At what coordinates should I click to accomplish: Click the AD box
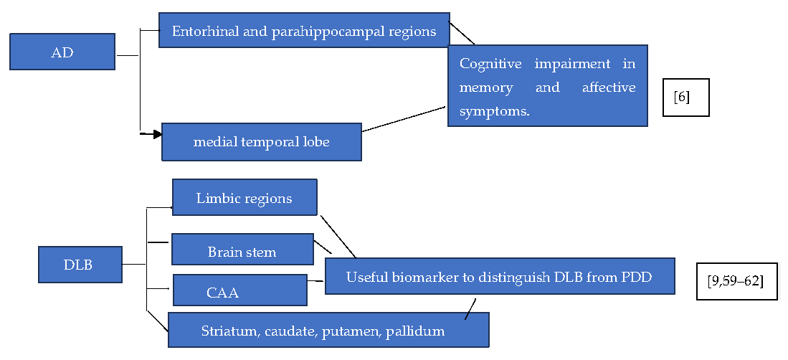62,52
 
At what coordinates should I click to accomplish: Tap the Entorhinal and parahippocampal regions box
304,31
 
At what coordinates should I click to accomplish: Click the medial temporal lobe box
261,142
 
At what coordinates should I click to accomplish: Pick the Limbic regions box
244,198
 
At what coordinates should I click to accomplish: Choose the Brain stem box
242,252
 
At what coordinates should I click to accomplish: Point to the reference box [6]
685,98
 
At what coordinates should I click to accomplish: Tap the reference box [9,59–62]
736,280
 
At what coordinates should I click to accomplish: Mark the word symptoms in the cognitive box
494,113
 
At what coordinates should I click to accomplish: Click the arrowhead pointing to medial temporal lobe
157,134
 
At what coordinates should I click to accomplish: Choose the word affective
608,88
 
